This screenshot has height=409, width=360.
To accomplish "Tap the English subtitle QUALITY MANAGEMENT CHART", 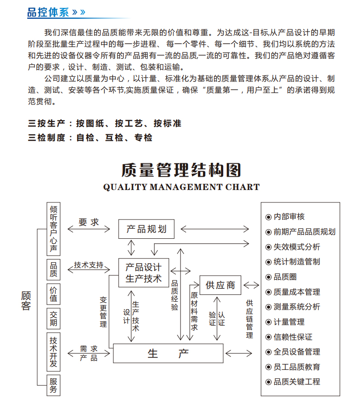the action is [181, 187].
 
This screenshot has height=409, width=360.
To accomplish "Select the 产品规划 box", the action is [146, 229].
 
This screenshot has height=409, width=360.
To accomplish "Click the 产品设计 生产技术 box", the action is [144, 273].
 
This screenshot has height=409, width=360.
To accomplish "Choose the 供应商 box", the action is [220, 285].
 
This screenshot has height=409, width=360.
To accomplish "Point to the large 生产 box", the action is [168, 353].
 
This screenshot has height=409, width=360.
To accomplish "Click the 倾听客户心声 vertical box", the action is [54, 229].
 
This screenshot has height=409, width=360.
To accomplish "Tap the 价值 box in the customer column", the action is [54, 294].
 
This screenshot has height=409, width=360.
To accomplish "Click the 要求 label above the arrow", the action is [89, 222].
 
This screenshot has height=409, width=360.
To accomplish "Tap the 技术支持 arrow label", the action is [89, 265].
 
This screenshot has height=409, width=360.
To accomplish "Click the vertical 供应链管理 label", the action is [250, 319].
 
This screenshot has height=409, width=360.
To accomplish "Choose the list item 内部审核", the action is [289, 217].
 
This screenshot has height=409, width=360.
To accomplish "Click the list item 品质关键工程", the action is [296, 381].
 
